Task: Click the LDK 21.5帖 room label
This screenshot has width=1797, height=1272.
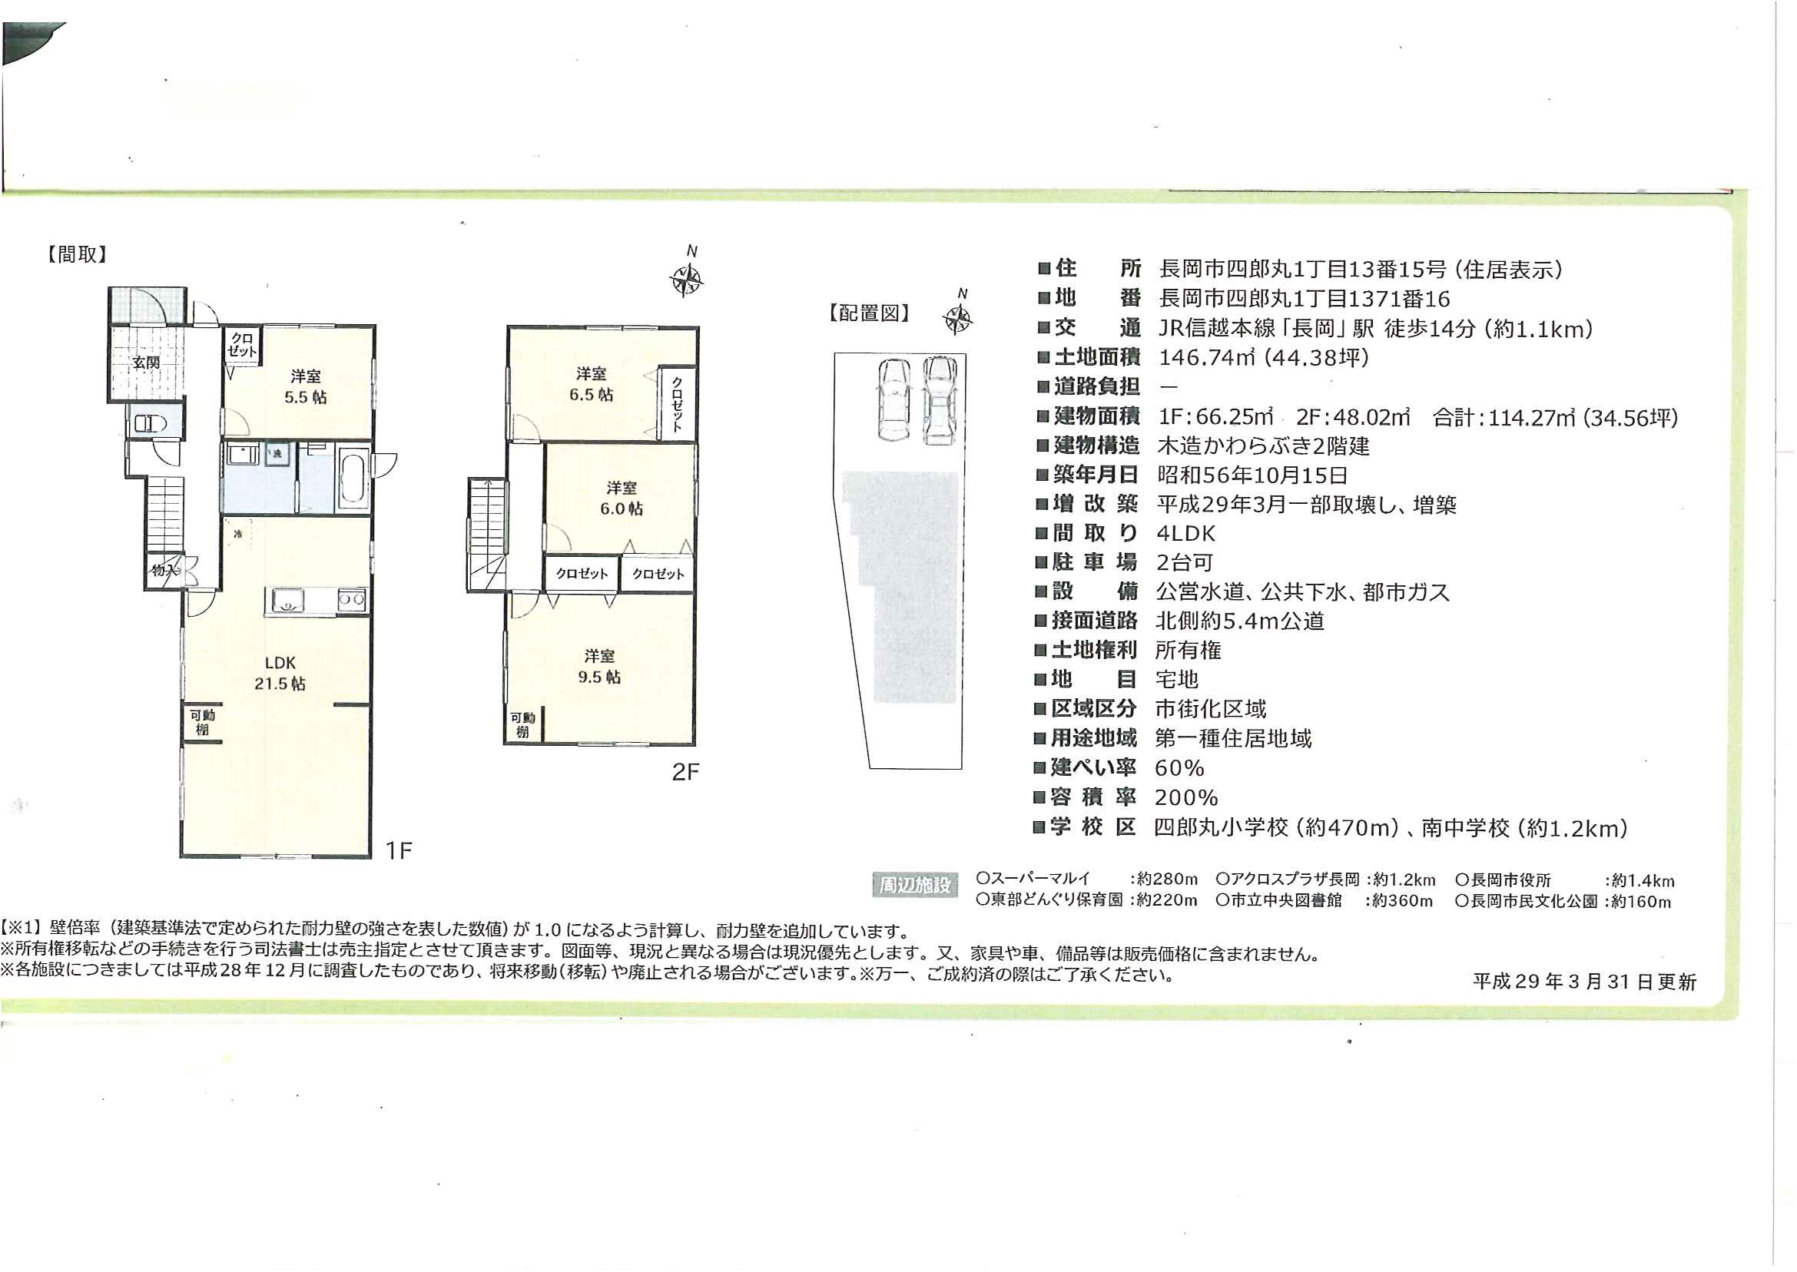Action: [280, 673]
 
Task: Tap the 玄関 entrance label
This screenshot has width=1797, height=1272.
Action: [146, 363]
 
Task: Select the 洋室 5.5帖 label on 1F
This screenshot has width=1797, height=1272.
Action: [306, 386]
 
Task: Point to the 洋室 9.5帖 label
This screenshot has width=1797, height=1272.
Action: [599, 666]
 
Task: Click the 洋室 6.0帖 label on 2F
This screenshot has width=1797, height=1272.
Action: [622, 499]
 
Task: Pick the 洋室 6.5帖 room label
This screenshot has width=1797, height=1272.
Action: [592, 384]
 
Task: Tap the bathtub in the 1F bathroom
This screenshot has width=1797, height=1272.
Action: [353, 478]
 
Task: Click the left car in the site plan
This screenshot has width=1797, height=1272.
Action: [894, 399]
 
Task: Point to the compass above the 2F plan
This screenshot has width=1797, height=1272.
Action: [686, 279]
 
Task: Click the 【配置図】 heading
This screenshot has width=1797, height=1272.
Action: [869, 313]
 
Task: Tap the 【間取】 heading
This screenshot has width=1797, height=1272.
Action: [77, 254]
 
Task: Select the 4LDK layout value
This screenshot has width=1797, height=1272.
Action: [1185, 533]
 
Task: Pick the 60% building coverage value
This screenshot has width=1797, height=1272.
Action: [1179, 767]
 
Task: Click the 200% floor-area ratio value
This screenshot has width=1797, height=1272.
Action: [1186, 797]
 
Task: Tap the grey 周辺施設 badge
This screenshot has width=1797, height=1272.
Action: [914, 885]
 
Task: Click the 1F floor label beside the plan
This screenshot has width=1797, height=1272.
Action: [399, 850]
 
